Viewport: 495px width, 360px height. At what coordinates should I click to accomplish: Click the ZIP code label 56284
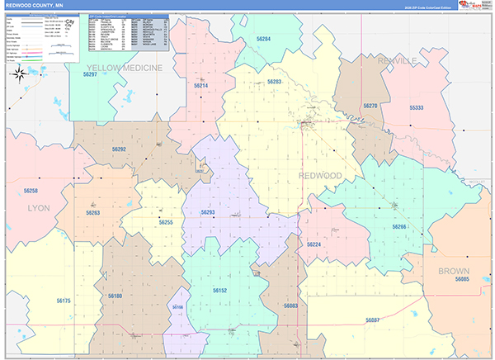[263, 39]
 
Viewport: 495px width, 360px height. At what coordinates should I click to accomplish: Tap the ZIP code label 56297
[90, 74]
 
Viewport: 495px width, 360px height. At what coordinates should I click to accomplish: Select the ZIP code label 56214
[201, 86]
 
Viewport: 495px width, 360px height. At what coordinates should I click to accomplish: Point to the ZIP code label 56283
[275, 82]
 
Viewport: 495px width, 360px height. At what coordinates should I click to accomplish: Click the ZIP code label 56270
[370, 106]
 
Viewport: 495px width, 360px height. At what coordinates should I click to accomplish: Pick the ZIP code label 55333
[417, 108]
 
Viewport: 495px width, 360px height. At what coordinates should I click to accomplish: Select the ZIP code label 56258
[31, 191]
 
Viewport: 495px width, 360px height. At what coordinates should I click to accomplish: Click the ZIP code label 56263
[92, 213]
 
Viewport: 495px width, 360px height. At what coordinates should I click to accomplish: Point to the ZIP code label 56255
[166, 223]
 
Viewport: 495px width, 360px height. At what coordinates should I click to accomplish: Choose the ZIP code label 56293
[208, 213]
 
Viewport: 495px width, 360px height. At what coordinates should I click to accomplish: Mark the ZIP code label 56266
[399, 226]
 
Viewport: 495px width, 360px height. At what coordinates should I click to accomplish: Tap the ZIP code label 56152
[219, 291]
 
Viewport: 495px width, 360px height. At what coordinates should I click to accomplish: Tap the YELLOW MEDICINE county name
[125, 68]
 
